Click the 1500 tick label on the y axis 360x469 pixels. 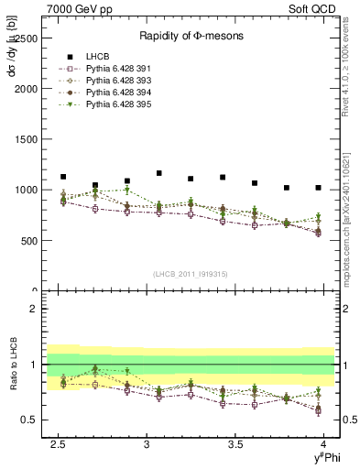pyautogui.click(x=25, y=139)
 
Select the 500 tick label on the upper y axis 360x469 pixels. pyautogui.click(x=27, y=240)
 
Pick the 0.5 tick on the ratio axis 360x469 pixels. pyautogui.click(x=30, y=420)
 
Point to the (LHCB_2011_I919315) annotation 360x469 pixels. pyautogui.click(x=191, y=274)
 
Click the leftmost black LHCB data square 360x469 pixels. pyautogui.click(x=63, y=177)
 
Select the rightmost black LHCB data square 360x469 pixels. pyautogui.click(x=318, y=188)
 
